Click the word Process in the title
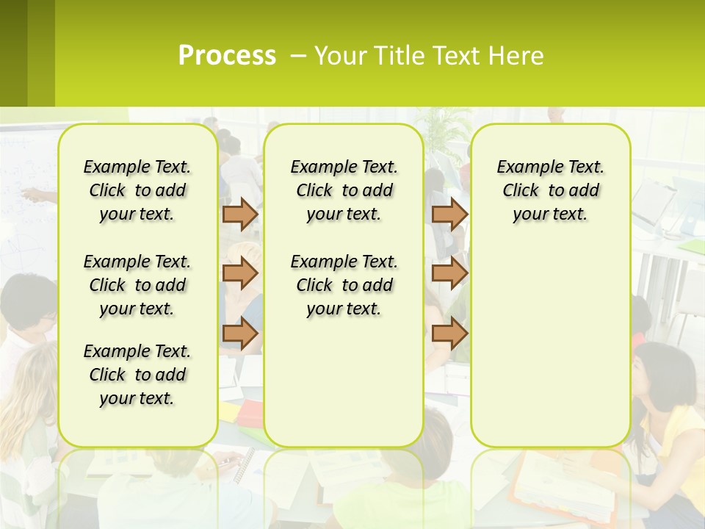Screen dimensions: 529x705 (227, 55)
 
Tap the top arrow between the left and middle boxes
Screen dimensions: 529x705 (240, 214)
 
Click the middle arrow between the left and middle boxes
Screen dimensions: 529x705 (240, 273)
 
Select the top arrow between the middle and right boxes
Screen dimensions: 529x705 (449, 214)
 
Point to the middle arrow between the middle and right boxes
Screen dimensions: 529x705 (449, 273)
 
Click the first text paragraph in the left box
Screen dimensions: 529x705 (137, 190)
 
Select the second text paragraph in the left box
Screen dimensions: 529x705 (137, 285)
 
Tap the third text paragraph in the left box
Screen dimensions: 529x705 (137, 375)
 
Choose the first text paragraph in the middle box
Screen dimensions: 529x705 (344, 190)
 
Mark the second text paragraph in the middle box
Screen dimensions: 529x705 (344, 285)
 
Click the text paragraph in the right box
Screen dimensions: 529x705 (550, 190)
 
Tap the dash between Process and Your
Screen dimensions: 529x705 (299, 56)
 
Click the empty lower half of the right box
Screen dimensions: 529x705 (550, 353)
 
